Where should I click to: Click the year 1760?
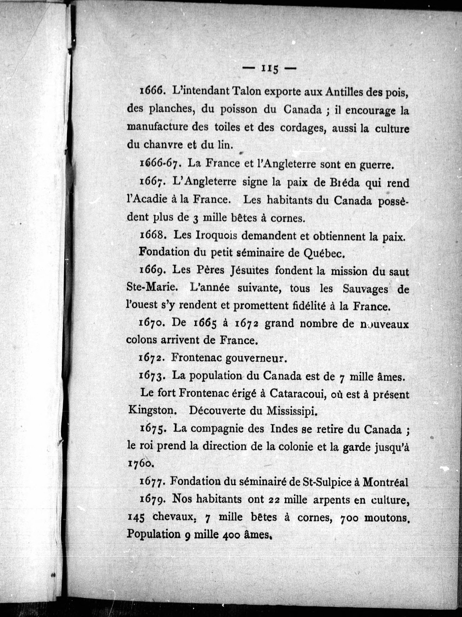140,463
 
